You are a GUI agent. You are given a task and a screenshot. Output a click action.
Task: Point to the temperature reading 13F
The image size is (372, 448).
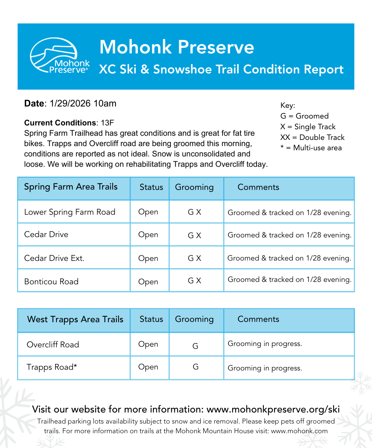coord(107,123)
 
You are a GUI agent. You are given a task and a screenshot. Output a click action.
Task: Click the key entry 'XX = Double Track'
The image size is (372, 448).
coord(312,138)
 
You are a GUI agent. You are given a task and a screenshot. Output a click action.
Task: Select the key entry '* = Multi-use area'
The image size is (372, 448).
coord(311,148)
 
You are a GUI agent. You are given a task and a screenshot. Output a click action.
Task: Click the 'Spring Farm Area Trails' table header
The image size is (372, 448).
coord(71,187)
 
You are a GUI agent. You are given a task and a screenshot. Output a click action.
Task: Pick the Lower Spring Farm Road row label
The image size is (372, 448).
coord(70,212)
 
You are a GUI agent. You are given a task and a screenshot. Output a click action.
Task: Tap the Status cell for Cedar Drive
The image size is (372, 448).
coord(148,235)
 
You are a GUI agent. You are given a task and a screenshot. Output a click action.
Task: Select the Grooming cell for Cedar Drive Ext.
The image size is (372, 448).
coord(194,258)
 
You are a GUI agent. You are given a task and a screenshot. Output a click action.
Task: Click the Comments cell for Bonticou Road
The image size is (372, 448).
coord(289,280)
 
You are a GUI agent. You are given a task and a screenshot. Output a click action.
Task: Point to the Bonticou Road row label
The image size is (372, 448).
coord(51,282)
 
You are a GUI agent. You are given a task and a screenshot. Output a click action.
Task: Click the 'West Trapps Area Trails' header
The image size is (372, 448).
coord(75,319)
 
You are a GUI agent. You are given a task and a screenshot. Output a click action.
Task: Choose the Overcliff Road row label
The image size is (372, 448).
coord(53,345)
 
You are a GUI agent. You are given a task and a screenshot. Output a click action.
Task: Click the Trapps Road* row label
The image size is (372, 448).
coord(52,367)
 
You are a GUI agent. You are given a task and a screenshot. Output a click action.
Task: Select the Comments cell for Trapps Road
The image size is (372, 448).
coord(265,368)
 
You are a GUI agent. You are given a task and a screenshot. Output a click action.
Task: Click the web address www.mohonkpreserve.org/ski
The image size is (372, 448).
coord(273,409)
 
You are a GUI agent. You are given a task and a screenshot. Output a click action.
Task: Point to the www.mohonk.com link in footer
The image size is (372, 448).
coord(299,431)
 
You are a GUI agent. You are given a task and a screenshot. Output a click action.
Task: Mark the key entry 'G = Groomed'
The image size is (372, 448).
coord(304,116)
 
